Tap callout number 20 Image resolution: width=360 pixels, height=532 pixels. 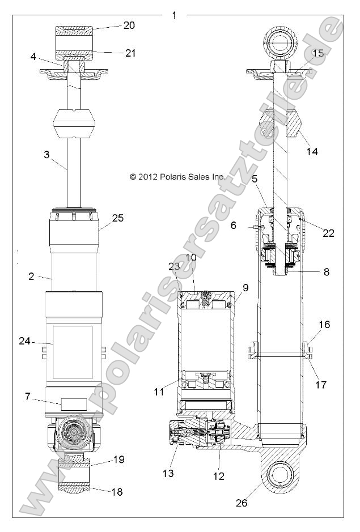[x=130, y=25]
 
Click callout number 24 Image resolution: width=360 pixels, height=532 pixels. [x=24, y=342]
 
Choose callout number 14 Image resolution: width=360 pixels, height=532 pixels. [x=312, y=151]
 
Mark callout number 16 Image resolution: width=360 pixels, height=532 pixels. [x=324, y=325]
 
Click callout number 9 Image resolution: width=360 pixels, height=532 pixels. [x=245, y=287]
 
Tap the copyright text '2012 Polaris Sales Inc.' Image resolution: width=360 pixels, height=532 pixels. [x=177, y=177]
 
